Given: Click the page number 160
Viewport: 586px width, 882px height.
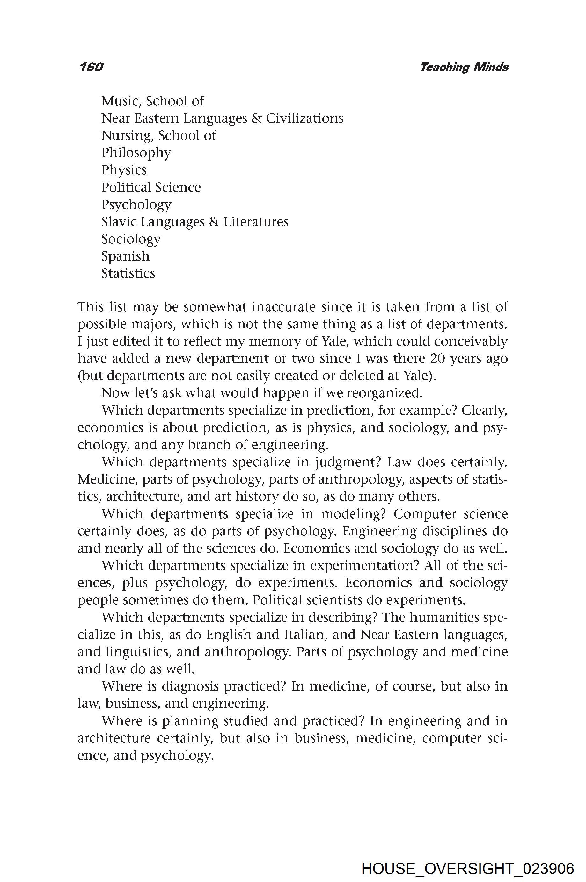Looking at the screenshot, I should [x=91, y=67].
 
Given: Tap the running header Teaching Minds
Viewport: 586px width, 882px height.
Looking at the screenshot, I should [x=464, y=67].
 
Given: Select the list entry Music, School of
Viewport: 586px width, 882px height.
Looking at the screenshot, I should [x=152, y=101].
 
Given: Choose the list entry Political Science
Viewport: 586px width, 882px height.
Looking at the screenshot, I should [x=151, y=187].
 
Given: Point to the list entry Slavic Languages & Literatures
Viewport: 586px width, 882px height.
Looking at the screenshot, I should [x=195, y=222].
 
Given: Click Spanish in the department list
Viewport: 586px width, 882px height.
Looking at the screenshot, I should [x=125, y=256].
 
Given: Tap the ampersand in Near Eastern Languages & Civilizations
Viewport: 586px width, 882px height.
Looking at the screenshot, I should [x=256, y=118].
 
